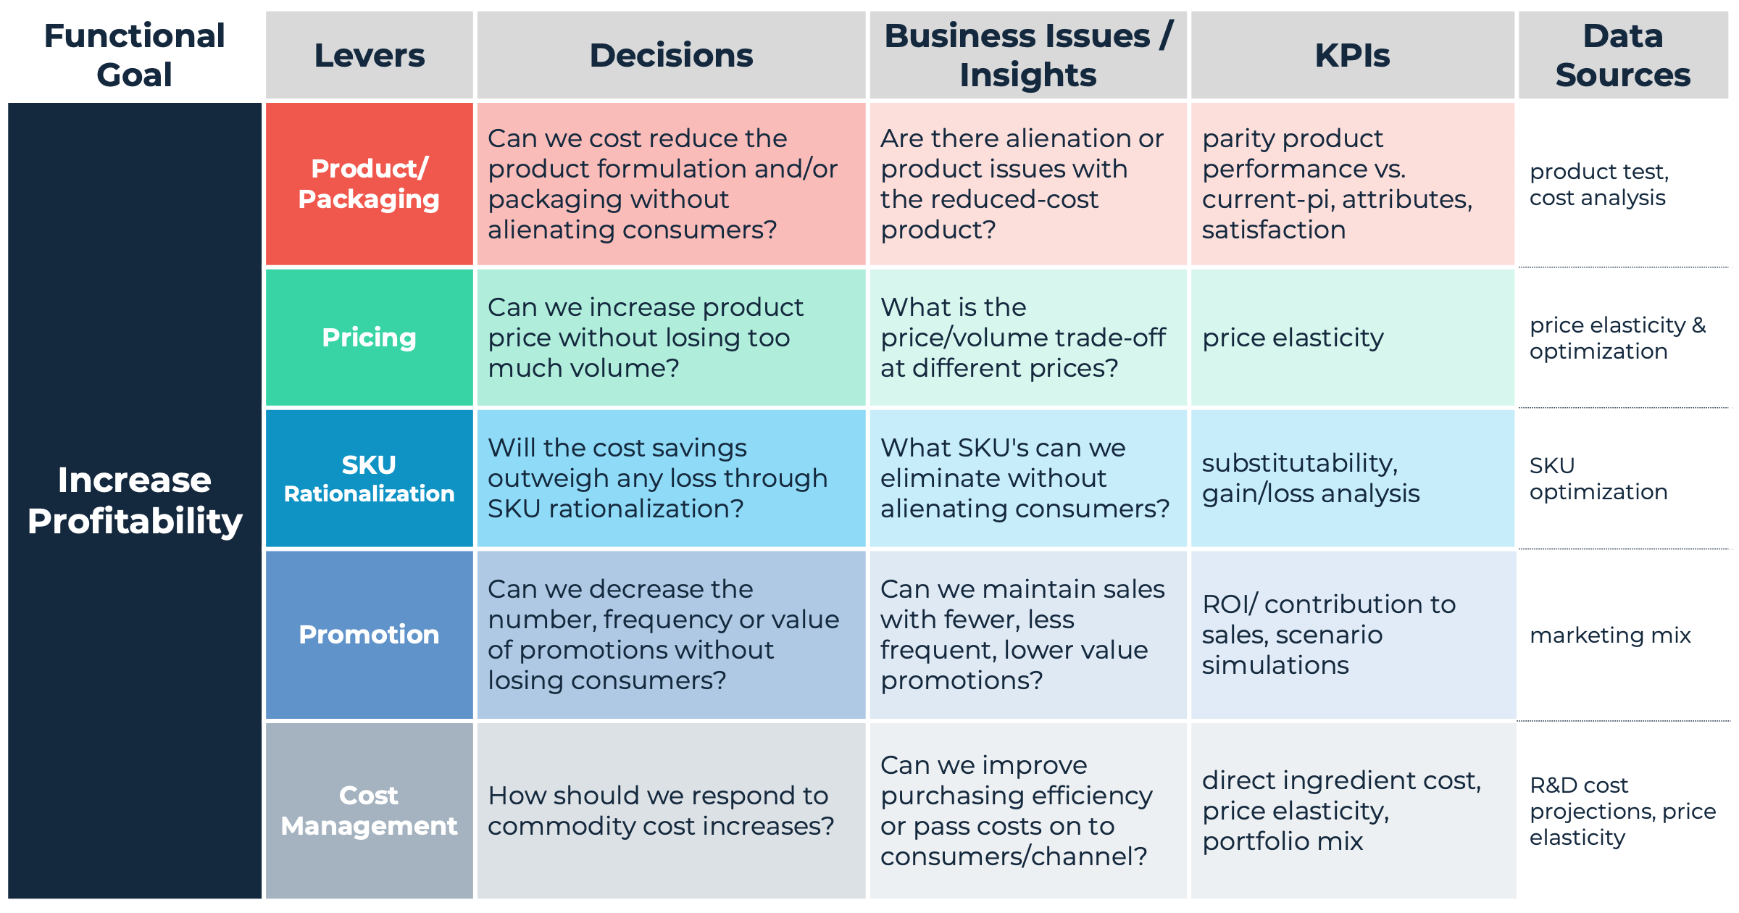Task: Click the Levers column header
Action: [x=369, y=55]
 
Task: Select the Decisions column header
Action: [x=671, y=55]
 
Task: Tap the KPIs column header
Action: [x=1352, y=55]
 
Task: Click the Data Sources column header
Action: [x=1622, y=55]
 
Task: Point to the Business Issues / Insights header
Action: [x=1027, y=55]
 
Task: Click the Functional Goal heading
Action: [x=134, y=55]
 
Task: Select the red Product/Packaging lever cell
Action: [x=369, y=184]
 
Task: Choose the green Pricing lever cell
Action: [x=369, y=338]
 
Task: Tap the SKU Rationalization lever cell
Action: [x=369, y=478]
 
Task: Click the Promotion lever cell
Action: [x=369, y=635]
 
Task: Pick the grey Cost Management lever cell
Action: [x=369, y=810]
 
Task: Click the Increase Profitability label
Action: [x=134, y=500]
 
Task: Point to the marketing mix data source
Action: [x=1610, y=635]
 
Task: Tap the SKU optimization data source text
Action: [x=1598, y=478]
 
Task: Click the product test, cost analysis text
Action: [x=1598, y=184]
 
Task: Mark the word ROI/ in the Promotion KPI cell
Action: [x=1230, y=604]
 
